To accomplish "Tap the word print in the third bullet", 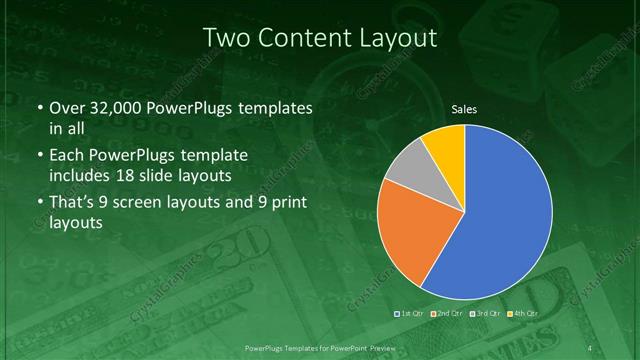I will tap(283, 203).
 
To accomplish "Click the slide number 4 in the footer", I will tap(592, 348).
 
